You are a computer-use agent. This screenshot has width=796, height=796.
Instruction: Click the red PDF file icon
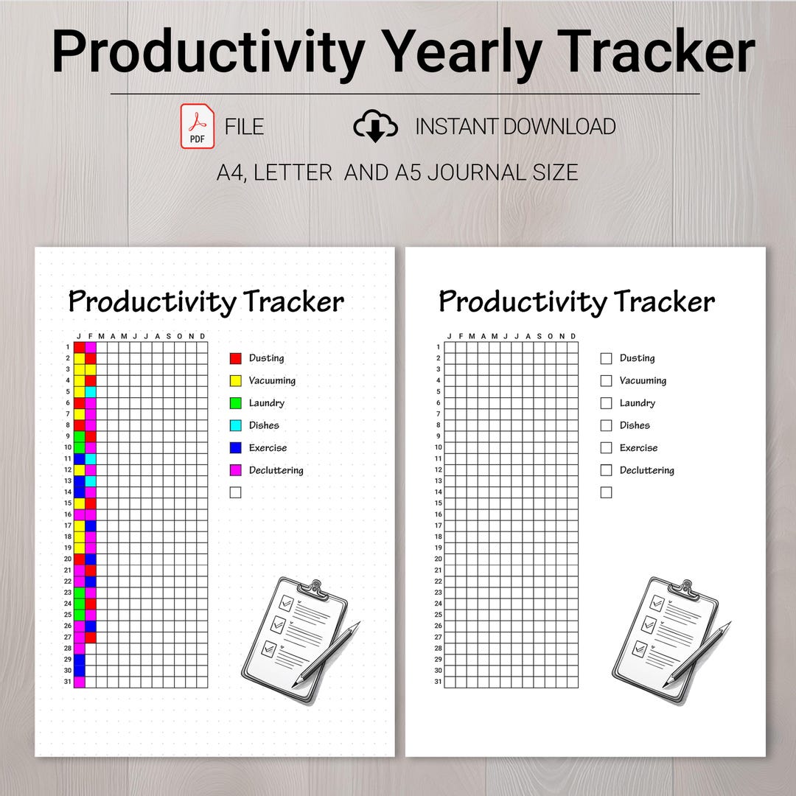(x=197, y=126)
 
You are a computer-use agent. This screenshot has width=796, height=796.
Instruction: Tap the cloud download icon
(x=375, y=126)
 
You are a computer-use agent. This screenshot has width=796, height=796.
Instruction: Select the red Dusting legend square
(x=236, y=358)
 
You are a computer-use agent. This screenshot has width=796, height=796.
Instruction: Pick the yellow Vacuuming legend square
(x=236, y=381)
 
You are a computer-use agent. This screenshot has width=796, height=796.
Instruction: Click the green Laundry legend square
(x=236, y=403)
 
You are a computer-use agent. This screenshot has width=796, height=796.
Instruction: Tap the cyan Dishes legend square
(x=236, y=425)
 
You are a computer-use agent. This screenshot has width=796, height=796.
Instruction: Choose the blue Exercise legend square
(x=236, y=448)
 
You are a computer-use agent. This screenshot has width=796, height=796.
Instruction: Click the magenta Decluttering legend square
(x=236, y=470)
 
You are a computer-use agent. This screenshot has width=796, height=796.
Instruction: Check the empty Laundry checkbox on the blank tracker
(x=607, y=403)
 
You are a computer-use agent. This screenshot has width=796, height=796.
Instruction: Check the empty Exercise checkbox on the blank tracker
(x=607, y=448)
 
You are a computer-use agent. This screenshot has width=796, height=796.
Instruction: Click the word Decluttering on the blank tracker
(x=646, y=470)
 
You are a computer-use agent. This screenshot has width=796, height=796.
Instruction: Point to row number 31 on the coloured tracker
(x=67, y=682)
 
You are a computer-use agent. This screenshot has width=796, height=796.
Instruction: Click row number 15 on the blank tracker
(x=438, y=503)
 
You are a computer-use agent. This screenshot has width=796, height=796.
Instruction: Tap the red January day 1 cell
(x=80, y=347)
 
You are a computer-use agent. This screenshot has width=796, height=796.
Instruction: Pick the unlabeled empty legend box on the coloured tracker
(x=236, y=492)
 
